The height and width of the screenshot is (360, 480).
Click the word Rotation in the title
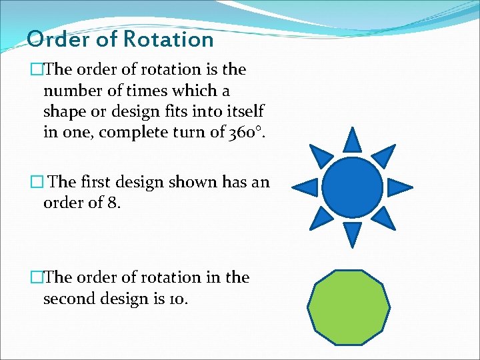[167, 39]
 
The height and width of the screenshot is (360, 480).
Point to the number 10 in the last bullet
[178, 299]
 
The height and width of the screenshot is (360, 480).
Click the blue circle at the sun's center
[353, 187]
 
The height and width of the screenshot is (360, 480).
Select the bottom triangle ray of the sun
[353, 233]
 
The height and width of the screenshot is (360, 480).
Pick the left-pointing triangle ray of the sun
[307, 187]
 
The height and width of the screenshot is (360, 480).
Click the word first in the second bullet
[96, 181]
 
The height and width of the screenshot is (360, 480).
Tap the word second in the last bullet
[70, 299]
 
